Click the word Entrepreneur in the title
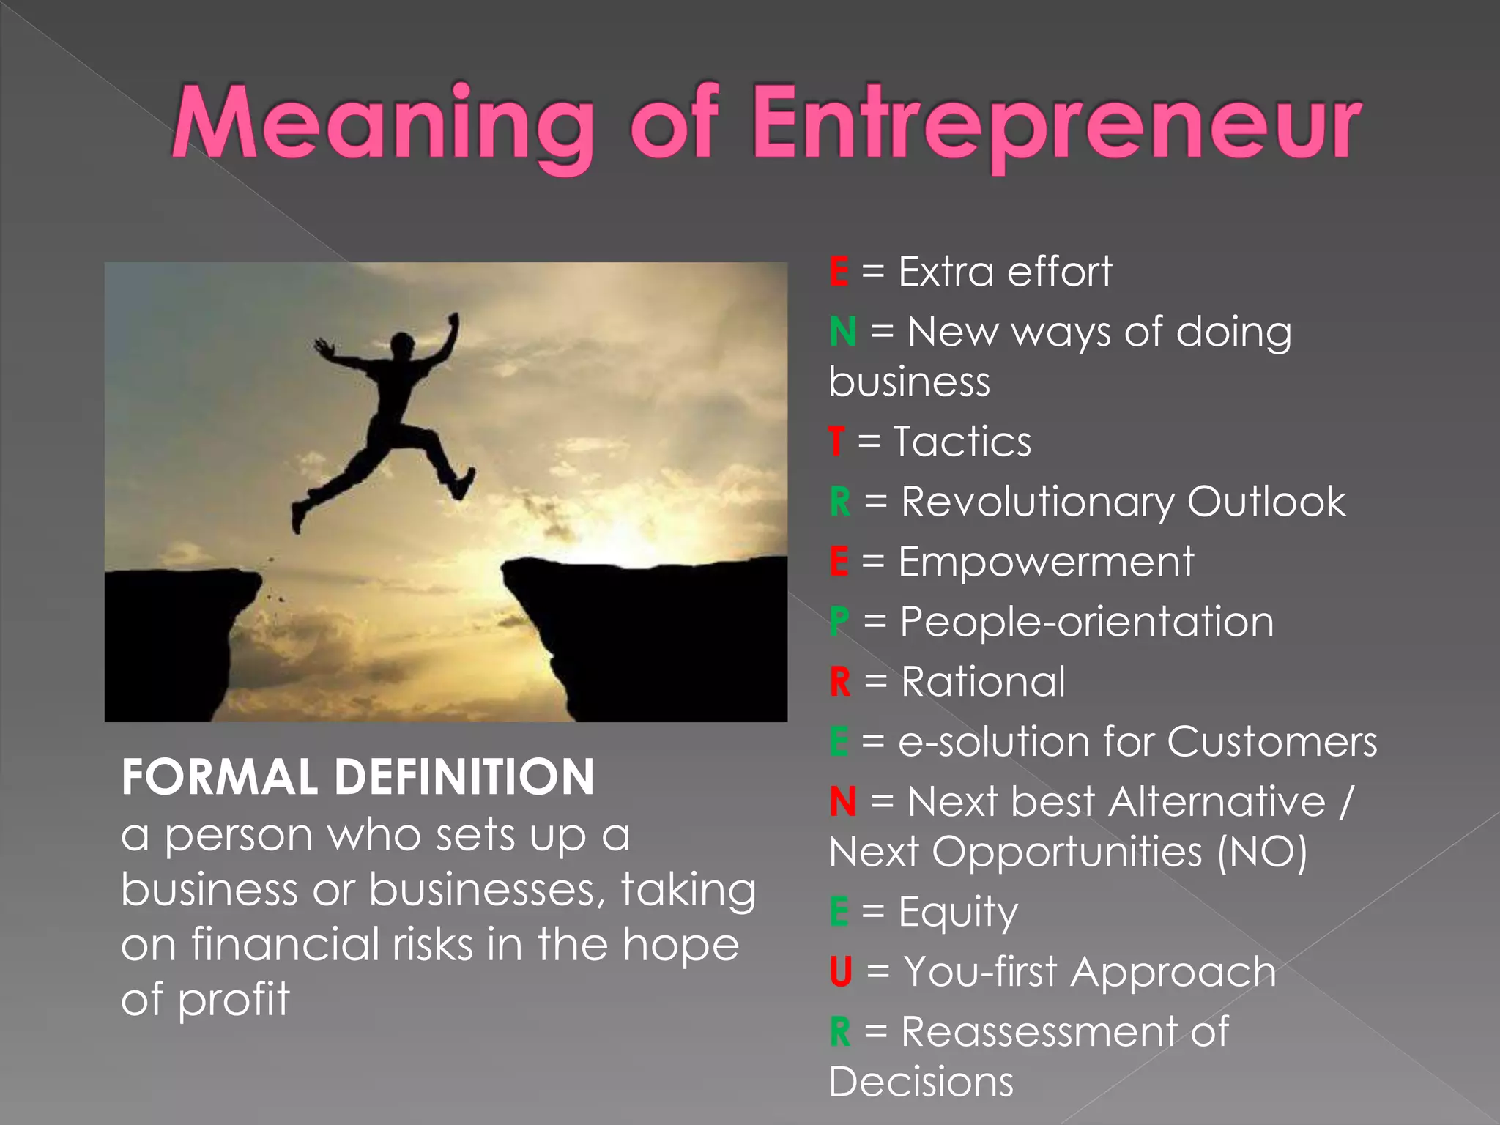pos(1056,125)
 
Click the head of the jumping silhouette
pos(402,344)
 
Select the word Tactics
pos(962,442)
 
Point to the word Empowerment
pos(1046,562)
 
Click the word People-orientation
pos(1087,622)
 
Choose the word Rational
pos(983,682)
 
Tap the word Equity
pos(958,913)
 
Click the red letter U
pos(841,972)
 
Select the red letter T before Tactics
pos(836,442)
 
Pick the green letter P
pos(839,622)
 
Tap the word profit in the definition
pos(234,999)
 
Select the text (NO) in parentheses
pos(1262,852)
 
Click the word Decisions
pos(921,1081)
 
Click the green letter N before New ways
pos(843,332)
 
